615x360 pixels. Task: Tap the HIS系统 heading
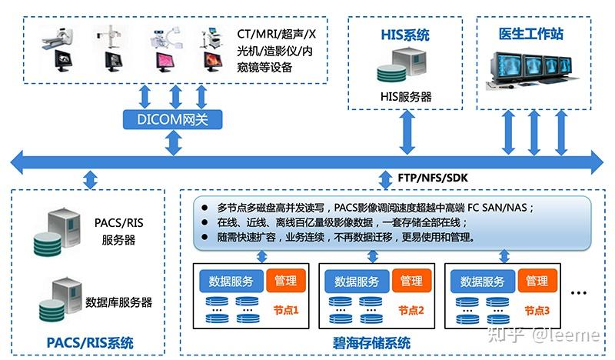tap(405, 35)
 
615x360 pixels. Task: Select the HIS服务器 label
tap(406, 97)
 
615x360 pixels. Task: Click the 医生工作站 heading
tap(530, 34)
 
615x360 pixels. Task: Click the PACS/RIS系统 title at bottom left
tap(90, 342)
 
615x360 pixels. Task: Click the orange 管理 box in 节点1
tap(285, 281)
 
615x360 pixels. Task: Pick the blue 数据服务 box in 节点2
tap(357, 281)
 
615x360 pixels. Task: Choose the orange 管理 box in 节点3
tap(536, 281)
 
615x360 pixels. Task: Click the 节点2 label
tap(411, 311)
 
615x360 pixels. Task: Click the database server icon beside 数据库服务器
tap(60, 299)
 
